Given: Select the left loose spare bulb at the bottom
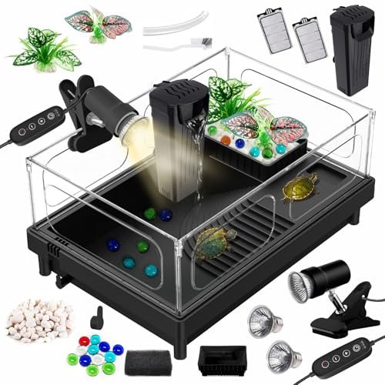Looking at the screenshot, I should [263, 320].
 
